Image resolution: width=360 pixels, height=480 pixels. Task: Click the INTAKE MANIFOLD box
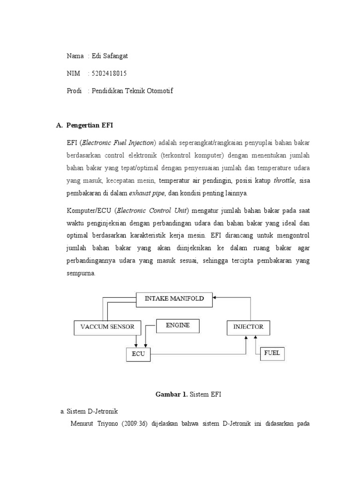tap(174, 299)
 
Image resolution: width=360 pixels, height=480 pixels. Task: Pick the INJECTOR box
tap(248, 327)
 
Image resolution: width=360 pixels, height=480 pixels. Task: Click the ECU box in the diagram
tap(138, 354)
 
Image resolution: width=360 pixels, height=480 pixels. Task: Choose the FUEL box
tap(272, 353)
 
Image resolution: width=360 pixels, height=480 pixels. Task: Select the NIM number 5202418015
tap(110, 74)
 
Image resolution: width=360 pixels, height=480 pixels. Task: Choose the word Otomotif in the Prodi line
tap(160, 91)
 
